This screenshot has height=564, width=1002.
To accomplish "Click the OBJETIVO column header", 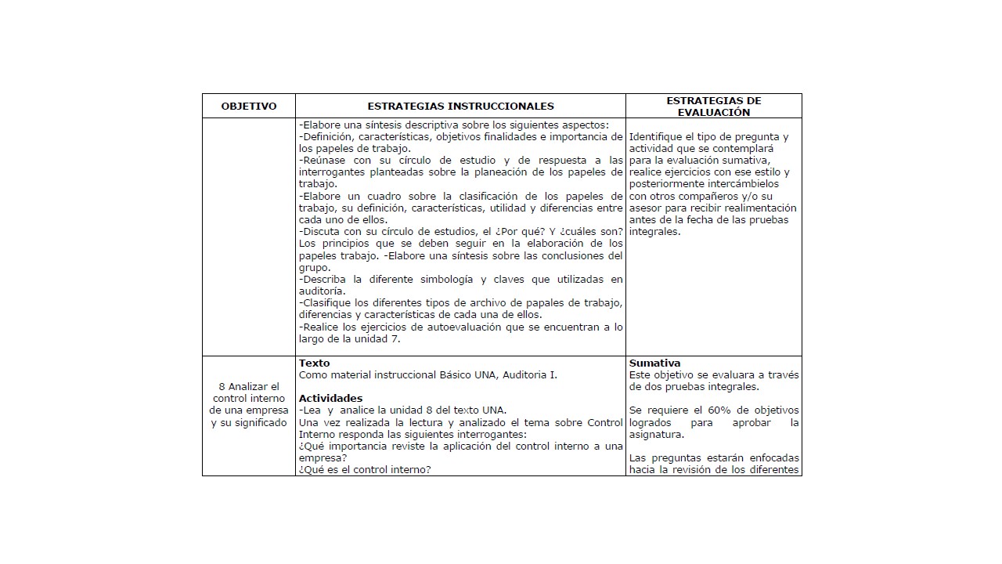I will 249,107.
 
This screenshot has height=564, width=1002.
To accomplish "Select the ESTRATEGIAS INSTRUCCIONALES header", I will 460,107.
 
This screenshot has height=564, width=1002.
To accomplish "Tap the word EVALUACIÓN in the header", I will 714,113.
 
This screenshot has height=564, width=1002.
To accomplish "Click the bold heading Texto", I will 315,363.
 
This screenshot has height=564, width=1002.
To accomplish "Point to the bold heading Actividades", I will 330,399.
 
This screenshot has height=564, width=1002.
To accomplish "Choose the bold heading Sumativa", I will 654,363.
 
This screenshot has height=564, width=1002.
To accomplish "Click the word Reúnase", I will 323,161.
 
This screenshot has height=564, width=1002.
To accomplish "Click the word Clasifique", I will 326,303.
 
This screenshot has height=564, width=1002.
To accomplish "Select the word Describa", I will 324,280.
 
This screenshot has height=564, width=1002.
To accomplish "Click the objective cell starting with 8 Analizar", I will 249,405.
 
